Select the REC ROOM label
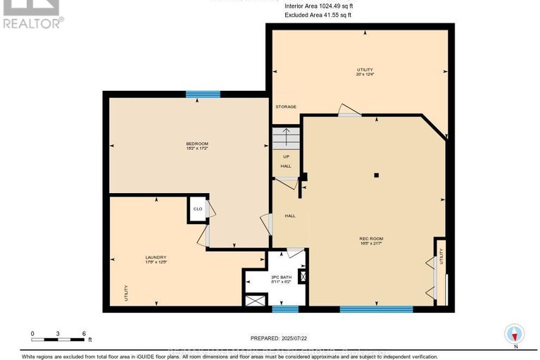click(x=371, y=239)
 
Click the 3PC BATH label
click(x=281, y=277)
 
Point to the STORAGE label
click(x=286, y=107)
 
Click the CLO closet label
click(x=198, y=209)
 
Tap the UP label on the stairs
click(x=286, y=156)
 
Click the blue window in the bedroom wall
click(x=203, y=94)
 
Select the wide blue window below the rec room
click(x=376, y=309)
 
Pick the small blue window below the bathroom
click(x=285, y=309)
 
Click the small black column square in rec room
click(x=377, y=175)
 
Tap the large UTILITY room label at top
click(x=364, y=70)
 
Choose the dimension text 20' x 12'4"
click(x=364, y=75)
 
